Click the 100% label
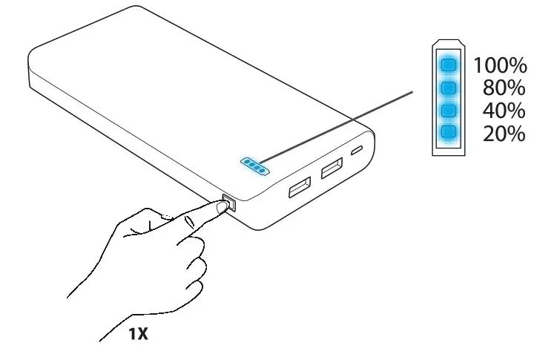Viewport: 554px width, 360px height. [x=500, y=65]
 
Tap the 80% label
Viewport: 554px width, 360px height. [x=504, y=88]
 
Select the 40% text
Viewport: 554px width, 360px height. [x=504, y=111]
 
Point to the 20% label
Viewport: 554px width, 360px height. [x=504, y=134]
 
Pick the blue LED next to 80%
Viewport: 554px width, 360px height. [x=447, y=88]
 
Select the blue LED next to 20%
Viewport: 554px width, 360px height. [x=447, y=134]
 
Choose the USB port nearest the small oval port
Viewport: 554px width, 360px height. [x=332, y=170]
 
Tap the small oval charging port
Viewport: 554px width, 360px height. [x=358, y=151]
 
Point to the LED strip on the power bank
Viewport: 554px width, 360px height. [x=254, y=166]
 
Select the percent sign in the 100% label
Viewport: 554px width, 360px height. [x=517, y=65]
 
